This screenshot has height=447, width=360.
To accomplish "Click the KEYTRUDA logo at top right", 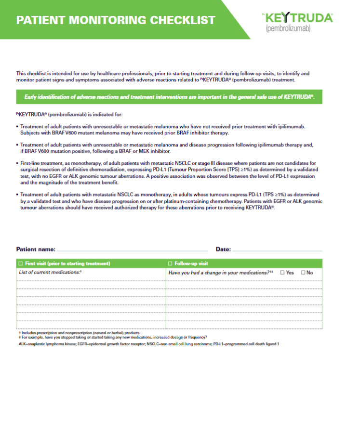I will point(299,18).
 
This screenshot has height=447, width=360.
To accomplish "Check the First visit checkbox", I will point(20,263).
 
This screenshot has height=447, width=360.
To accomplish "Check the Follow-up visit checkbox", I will point(170,263).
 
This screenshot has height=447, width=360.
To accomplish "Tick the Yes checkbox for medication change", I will point(282,273).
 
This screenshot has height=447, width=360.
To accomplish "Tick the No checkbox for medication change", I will point(303,273).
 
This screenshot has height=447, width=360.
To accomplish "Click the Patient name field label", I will point(36,250).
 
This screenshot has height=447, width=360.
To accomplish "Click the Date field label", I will point(223,250).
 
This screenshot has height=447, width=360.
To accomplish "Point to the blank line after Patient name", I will point(133,251).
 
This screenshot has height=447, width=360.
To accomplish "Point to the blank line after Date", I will point(277,251).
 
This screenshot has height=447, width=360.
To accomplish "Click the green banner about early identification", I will point(169,97).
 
